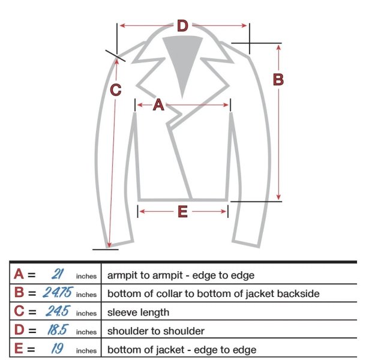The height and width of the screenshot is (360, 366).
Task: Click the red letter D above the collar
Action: (182, 26)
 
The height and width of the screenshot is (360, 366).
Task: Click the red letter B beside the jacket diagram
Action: (278, 79)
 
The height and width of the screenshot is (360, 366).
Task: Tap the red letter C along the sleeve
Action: (116, 90)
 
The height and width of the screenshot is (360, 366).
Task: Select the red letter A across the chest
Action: (158, 104)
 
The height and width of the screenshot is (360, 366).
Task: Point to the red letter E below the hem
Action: (182, 212)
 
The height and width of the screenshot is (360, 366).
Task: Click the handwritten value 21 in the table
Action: (57, 274)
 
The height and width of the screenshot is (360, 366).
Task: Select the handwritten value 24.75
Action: (58, 292)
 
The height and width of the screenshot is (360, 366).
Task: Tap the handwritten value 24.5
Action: (58, 311)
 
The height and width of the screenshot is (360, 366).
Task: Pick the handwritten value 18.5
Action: (58, 329)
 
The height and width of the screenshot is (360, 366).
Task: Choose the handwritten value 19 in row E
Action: (57, 349)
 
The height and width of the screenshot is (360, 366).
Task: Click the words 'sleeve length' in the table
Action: (138, 313)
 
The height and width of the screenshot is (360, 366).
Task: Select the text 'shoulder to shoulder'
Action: (156, 331)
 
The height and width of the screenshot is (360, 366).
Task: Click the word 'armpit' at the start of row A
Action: (126, 275)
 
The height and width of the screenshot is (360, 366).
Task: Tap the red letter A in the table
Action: (19, 274)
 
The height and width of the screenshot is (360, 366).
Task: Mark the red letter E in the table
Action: (19, 349)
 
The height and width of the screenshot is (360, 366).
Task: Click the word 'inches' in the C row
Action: (86, 313)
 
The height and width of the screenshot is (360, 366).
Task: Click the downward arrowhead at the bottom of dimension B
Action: (278, 197)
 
